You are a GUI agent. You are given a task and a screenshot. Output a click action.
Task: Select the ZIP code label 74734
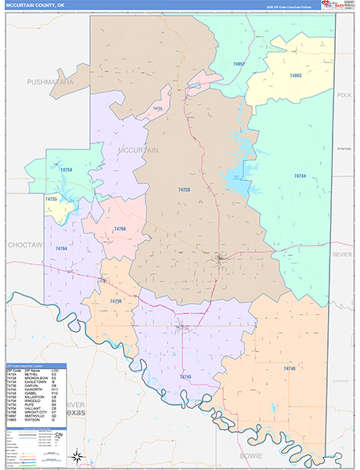300,175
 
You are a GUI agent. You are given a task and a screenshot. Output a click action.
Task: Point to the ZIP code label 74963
295,76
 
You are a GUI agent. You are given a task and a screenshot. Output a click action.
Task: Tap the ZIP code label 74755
51,200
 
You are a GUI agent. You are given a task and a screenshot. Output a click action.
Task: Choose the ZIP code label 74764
61,248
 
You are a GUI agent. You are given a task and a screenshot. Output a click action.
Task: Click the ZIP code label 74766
120,228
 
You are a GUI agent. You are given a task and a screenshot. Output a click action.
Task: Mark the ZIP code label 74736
116,301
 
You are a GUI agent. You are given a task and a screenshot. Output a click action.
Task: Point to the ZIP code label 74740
290,368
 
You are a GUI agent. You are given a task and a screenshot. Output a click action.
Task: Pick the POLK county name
344,95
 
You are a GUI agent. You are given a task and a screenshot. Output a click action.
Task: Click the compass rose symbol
77,456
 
